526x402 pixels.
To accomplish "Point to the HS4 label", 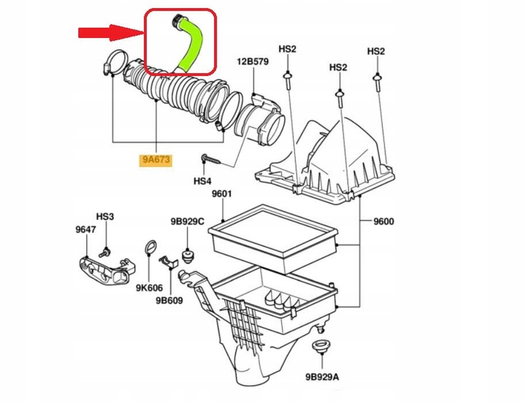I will pos(203,180).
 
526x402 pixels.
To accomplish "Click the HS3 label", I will pos(105,216).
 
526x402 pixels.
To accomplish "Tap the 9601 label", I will pos(221,194).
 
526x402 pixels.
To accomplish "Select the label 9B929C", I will pos(188,221).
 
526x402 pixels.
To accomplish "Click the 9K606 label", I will pos(149,288).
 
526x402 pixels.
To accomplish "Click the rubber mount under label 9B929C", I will pos(188,256).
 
